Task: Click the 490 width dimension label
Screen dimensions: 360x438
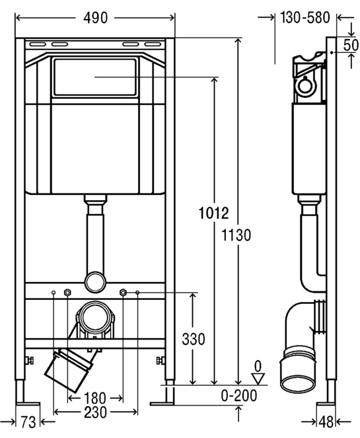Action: (x=95, y=18)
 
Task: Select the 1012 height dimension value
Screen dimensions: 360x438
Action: (x=213, y=213)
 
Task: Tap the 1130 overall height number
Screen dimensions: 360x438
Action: (x=236, y=235)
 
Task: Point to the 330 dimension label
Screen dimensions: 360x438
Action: (x=194, y=339)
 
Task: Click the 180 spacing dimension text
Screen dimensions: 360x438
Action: (x=95, y=398)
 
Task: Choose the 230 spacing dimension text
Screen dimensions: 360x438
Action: (x=95, y=412)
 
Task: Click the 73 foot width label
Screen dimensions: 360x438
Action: (x=28, y=421)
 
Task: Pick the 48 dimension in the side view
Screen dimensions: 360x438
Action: (x=326, y=421)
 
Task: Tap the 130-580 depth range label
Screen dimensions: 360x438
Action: (x=305, y=18)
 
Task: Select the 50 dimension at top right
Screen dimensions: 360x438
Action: (x=351, y=45)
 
